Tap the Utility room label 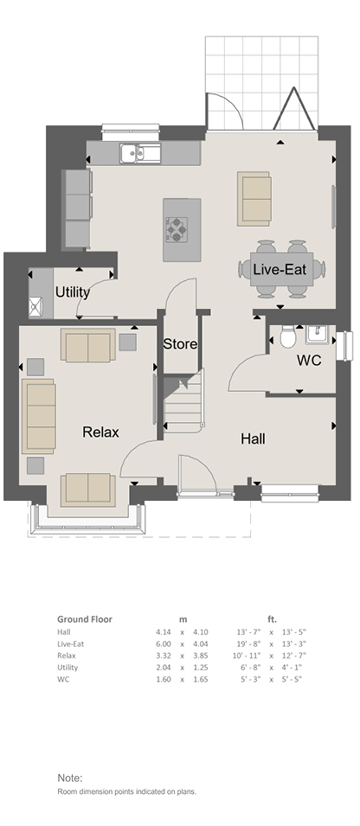(x=72, y=291)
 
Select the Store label (x=180, y=344)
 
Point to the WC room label (x=309, y=361)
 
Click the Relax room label (x=100, y=432)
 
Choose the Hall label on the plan (x=253, y=439)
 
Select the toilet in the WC (x=288, y=336)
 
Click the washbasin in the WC (x=316, y=334)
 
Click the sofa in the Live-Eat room (x=254, y=199)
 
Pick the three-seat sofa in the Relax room (x=38, y=416)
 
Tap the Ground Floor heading (x=85, y=619)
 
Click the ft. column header (x=272, y=619)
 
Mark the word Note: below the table (x=70, y=778)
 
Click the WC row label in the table (x=62, y=679)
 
